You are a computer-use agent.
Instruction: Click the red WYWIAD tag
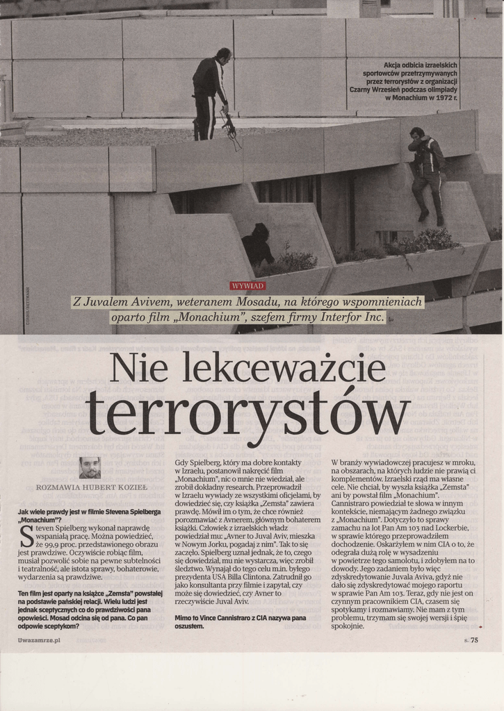point(247,285)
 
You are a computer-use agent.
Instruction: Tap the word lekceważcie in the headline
point(279,368)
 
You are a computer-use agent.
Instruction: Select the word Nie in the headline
point(138,368)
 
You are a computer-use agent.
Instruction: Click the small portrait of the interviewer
point(90,467)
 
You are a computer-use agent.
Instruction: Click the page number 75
point(474,640)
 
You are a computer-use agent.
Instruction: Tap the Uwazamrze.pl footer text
point(39,640)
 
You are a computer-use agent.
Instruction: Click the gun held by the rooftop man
point(229,128)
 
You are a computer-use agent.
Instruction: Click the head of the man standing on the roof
point(223,55)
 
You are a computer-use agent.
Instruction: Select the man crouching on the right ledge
point(425,174)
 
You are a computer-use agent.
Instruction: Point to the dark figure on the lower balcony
point(258,246)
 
